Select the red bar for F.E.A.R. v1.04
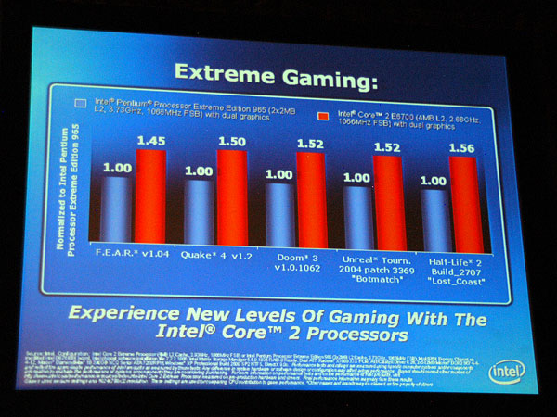pos(149,195)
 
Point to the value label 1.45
pos(150,141)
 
